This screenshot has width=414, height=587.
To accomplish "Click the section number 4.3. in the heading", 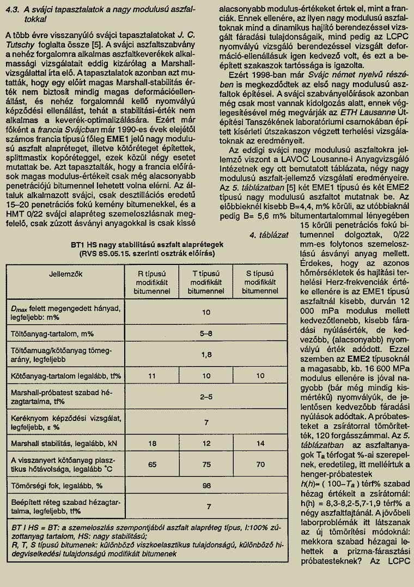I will tap(13, 10).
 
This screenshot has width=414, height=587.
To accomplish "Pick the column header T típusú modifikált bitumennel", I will tap(206, 282).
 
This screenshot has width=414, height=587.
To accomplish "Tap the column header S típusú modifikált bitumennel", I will tap(260, 282).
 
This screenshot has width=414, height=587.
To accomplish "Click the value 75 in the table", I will tap(206, 465).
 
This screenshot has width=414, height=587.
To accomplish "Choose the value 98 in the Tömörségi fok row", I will tap(206, 485).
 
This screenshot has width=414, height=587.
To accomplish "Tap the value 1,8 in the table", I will tap(206, 355).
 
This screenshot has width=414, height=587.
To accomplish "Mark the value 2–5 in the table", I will tap(206, 397).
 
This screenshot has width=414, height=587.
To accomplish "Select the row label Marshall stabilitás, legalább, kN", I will tap(64, 443).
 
